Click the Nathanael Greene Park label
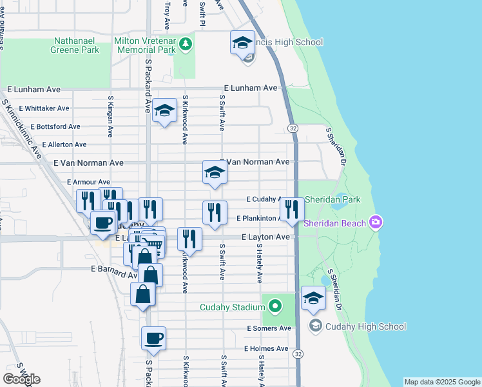(x=77, y=44)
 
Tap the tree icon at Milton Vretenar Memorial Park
(x=186, y=44)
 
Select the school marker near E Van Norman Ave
(x=215, y=172)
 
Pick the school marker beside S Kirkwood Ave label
(x=164, y=110)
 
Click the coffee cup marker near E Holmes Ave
(x=153, y=339)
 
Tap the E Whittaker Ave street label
(x=44, y=108)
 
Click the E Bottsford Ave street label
(x=50, y=126)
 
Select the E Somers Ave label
(x=269, y=328)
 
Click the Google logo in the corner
(x=21, y=379)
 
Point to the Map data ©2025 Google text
(x=441, y=382)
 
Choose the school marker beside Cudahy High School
(x=313, y=299)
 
